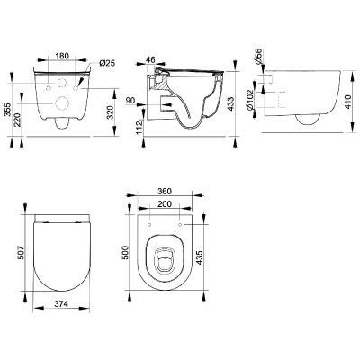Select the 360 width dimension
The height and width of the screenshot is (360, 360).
click(x=164, y=193)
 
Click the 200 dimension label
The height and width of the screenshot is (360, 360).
click(x=164, y=205)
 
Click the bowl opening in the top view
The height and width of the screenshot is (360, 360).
click(x=164, y=258)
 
